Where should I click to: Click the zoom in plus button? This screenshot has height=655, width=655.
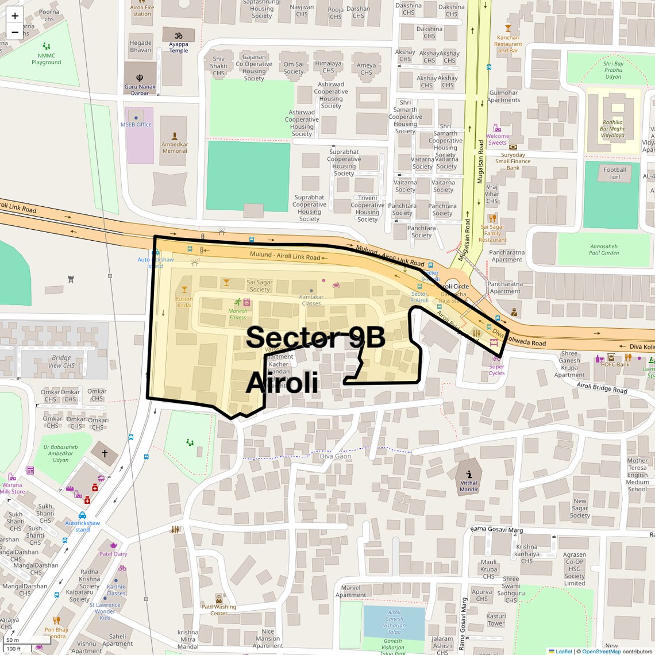15,16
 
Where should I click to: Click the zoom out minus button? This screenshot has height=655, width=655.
15,32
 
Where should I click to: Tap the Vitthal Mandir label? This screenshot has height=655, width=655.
469,486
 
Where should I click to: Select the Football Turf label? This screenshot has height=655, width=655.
614,173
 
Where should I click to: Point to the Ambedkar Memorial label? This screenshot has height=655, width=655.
174,148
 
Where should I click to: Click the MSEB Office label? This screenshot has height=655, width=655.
136,124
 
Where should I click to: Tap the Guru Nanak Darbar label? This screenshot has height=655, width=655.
140,90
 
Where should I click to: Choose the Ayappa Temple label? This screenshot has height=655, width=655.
178,47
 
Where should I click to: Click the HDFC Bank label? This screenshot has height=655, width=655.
615,364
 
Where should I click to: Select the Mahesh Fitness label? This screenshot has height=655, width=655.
237,314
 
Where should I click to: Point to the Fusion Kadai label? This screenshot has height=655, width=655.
184,302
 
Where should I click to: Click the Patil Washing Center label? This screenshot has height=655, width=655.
218,610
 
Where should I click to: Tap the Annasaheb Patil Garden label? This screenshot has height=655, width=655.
604,249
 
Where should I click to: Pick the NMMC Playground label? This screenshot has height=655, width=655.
46,59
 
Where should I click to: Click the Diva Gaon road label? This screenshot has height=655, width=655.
335,456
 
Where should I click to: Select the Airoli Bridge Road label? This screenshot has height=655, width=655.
602,388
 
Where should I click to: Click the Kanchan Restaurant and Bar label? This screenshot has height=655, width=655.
508,44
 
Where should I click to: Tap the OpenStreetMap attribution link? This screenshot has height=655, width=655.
601,652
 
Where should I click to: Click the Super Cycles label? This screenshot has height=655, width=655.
496,369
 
